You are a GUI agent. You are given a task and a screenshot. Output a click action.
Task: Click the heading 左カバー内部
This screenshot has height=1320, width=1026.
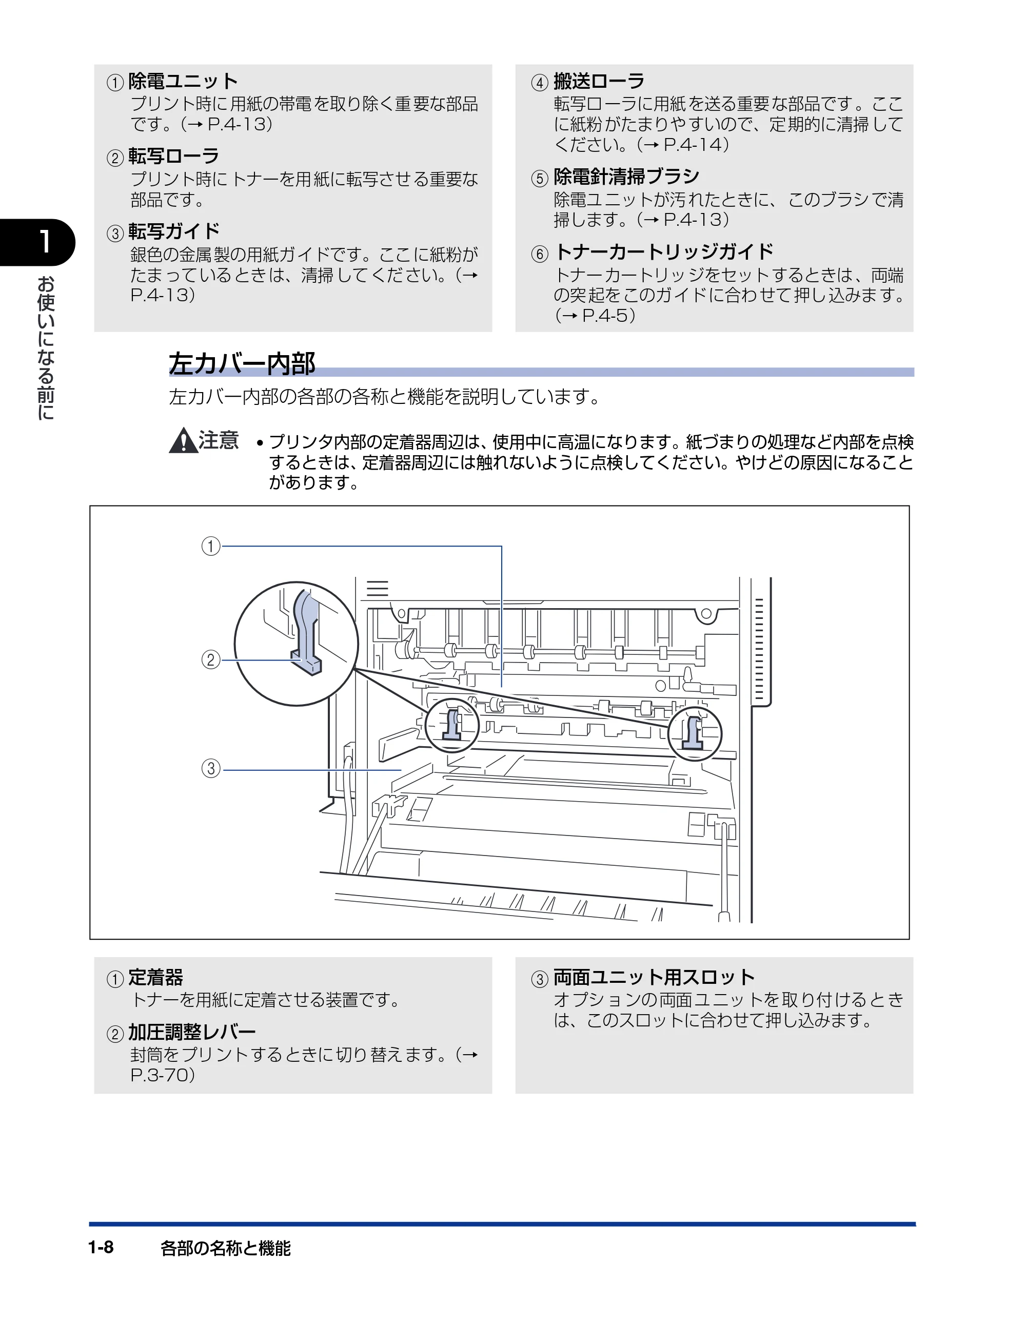(242, 363)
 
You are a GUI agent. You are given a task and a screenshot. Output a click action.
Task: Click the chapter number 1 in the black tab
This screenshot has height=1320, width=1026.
(44, 242)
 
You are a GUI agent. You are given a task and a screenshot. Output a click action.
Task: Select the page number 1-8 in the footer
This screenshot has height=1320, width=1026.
(101, 1248)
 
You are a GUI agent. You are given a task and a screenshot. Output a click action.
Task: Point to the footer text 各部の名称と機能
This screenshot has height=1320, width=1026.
(225, 1248)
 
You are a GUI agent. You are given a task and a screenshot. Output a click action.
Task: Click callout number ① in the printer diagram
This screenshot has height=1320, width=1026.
(210, 547)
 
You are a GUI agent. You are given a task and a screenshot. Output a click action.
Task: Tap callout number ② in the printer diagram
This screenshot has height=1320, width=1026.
(210, 659)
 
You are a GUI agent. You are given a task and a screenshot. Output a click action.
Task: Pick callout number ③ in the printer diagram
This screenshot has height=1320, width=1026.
(210, 769)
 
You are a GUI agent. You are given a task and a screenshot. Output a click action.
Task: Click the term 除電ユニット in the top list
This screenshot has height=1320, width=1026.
(183, 81)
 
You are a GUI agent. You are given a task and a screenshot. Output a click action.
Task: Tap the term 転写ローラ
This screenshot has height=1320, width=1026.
(173, 157)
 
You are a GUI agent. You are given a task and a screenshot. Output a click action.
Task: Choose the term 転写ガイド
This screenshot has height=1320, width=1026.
(173, 231)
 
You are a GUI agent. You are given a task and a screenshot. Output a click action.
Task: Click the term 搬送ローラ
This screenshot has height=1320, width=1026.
(599, 81)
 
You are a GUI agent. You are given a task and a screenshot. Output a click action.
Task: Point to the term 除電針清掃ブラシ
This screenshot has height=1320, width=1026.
(626, 177)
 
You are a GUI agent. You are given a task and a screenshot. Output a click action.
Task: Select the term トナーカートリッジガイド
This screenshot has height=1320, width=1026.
(663, 251)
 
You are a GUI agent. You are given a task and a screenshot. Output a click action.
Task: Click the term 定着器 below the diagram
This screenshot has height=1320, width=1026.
(155, 977)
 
